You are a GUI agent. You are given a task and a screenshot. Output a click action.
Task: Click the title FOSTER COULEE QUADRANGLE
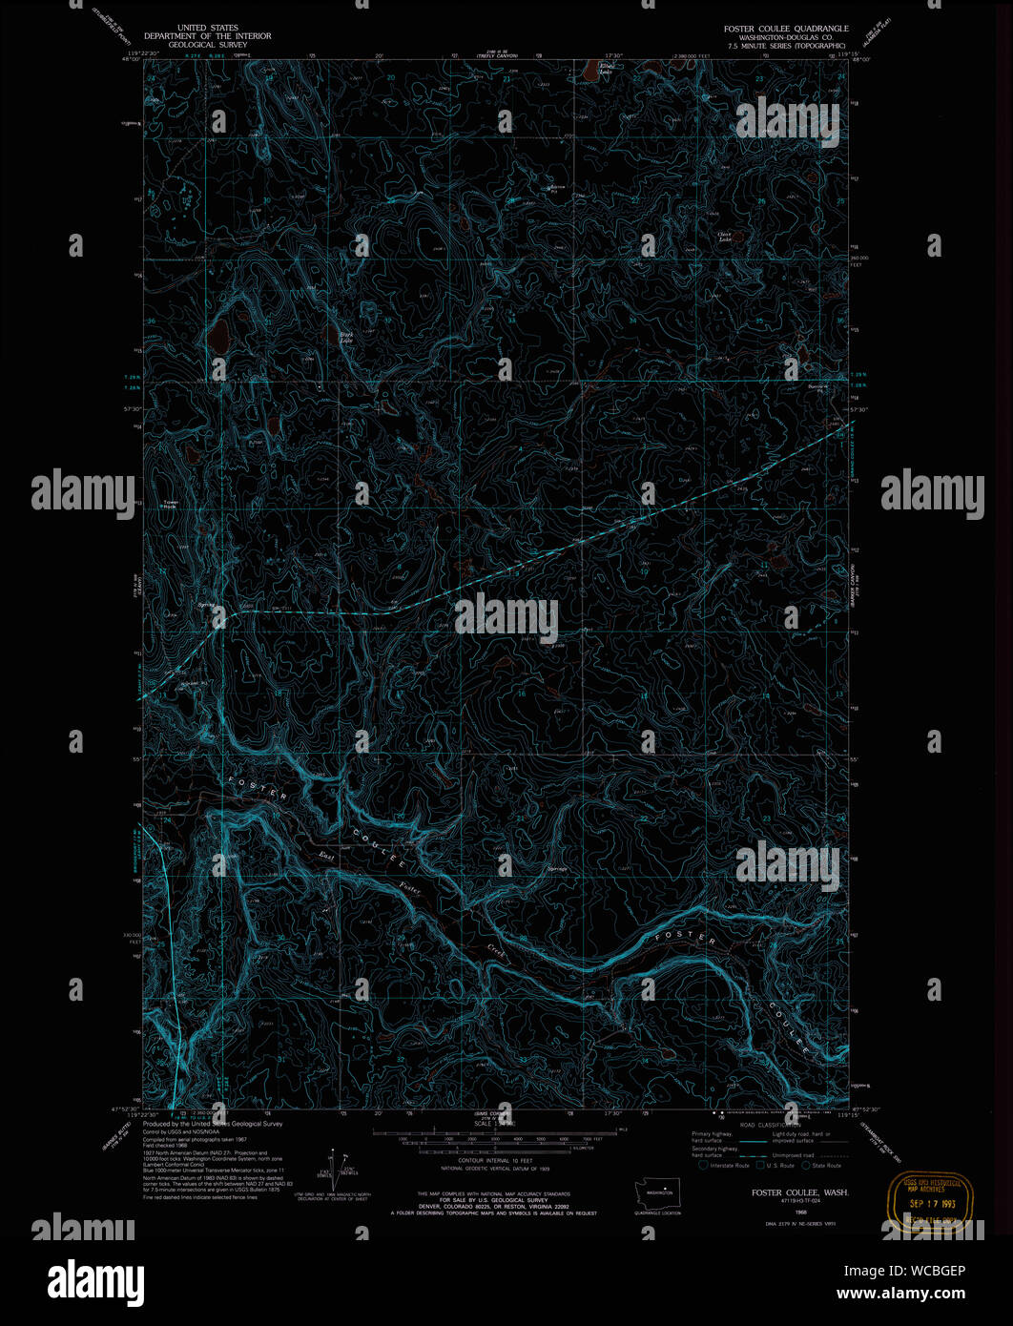pyautogui.click(x=785, y=29)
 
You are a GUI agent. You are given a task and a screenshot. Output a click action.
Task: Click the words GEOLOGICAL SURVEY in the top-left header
pyautogui.click(x=206, y=44)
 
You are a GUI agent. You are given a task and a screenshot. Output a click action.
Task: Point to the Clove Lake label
pyautogui.click(x=724, y=236)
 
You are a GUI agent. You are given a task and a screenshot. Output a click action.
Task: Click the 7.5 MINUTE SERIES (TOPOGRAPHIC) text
pyautogui.click(x=786, y=45)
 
